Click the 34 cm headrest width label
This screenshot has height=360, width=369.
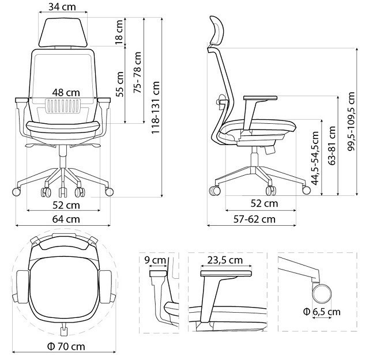62,7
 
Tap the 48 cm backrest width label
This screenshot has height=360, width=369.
66,93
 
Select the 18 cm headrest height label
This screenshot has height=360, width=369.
119,32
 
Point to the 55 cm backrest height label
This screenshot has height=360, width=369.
119,84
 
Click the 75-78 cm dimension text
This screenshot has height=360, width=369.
137,72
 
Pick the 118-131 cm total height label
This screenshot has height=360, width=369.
155,108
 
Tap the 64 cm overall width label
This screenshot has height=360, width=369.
66,219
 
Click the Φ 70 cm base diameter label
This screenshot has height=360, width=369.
66,346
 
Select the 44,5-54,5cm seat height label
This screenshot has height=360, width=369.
315,158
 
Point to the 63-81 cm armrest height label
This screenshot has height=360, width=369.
332,146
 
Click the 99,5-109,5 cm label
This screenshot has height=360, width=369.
351,122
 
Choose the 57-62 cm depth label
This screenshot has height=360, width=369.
254,219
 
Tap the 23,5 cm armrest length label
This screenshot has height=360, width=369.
225,260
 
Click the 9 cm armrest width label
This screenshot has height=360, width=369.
155,260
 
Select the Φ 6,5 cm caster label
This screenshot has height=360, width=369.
322,312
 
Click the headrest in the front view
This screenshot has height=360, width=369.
63,32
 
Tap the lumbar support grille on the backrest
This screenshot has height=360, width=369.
63,106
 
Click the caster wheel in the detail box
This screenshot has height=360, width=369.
322,293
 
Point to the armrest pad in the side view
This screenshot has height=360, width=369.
260,98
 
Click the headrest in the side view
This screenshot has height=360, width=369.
216,31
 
